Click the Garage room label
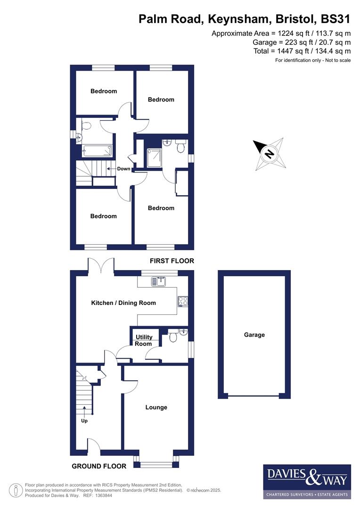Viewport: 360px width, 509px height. tap(254, 335)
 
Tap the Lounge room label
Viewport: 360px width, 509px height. tap(156, 407)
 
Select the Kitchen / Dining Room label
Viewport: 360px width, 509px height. tap(123, 303)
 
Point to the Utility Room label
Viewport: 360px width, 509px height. tap(144, 340)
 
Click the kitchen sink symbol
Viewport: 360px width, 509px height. tap(156, 281)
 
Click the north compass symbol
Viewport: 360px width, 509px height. tap(269, 154)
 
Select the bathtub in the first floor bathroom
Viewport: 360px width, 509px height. tap(98, 151)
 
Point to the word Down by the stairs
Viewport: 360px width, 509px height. tap(123, 169)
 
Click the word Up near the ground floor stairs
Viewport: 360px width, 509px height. tap(85, 421)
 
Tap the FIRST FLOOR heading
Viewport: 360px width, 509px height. tap(172, 261)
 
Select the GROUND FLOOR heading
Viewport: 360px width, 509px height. tap(99, 466)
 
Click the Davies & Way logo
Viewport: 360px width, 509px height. tap(307, 481)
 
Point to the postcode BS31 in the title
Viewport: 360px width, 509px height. tap(335, 19)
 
